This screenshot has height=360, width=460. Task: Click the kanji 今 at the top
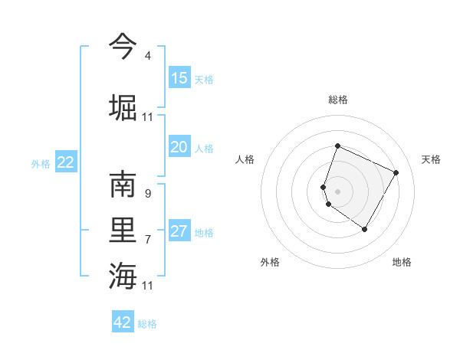point(123,45)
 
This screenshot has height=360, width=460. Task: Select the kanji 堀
point(123,106)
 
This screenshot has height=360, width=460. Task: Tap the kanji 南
point(123,186)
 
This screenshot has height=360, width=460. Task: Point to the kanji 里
point(123,231)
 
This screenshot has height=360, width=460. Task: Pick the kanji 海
point(123,274)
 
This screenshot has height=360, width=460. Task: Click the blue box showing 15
point(179,78)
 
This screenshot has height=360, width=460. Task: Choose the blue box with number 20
point(179,147)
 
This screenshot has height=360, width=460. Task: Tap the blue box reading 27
point(179,231)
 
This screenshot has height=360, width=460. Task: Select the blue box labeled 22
point(66,162)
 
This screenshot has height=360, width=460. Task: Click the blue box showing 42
point(123,322)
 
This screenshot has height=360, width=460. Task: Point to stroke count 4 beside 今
point(147,56)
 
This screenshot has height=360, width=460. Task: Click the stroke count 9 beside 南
point(147,194)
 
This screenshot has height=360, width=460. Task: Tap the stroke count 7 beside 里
point(147,240)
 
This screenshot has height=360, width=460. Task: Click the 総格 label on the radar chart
point(337,100)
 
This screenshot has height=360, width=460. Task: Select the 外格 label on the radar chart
point(270,262)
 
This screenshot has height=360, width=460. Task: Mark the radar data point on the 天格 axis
point(396,172)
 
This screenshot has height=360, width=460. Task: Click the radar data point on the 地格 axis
point(365,230)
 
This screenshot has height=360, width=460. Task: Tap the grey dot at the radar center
point(337,191)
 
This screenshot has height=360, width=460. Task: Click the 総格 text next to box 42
point(147,324)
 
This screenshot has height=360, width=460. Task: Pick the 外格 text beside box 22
point(41,163)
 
